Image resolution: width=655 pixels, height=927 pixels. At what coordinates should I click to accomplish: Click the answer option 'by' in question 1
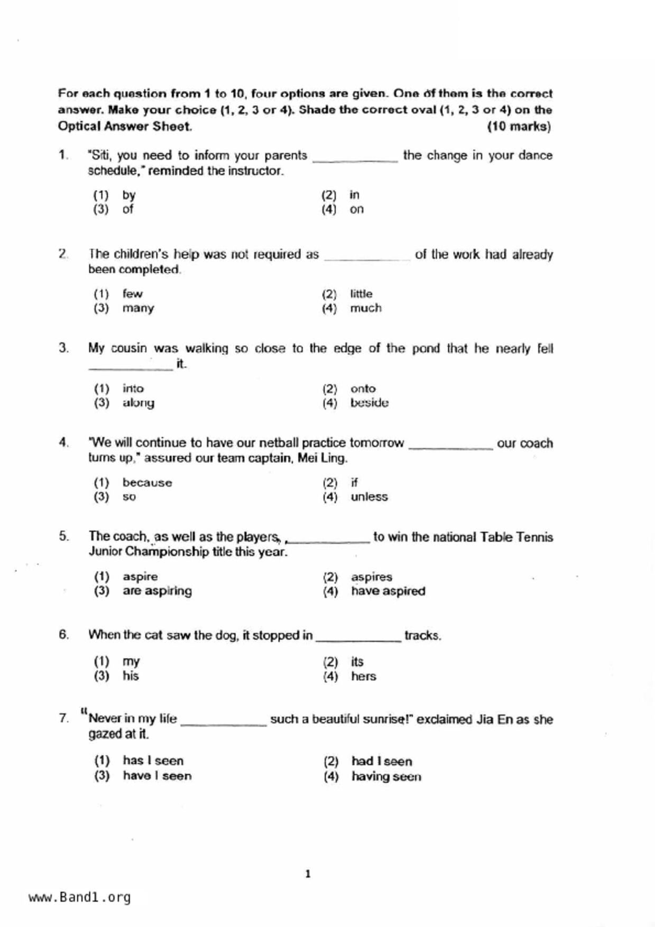click(129, 195)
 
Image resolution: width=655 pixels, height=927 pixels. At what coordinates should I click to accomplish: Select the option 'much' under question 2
click(365, 308)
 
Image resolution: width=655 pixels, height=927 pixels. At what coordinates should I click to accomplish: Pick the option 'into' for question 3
click(133, 388)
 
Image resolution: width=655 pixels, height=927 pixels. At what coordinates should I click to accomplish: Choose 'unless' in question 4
click(369, 497)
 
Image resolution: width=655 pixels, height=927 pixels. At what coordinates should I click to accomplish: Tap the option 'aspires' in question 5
click(371, 577)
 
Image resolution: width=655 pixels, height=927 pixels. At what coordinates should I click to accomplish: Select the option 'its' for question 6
click(357, 662)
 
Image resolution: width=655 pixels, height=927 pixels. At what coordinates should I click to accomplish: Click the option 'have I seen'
click(157, 776)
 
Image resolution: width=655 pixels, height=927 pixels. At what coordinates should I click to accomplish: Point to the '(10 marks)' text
click(519, 127)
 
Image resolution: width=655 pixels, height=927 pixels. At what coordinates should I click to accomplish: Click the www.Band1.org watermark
click(80, 897)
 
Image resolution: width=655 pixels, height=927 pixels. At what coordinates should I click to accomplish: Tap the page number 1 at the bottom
click(308, 874)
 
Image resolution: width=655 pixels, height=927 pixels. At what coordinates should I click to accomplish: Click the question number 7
click(64, 718)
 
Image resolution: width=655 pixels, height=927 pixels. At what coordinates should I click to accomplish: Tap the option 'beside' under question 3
click(369, 403)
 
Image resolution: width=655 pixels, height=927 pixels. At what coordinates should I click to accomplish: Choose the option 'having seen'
click(386, 776)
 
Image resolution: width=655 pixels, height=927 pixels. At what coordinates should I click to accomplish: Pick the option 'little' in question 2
click(361, 294)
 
